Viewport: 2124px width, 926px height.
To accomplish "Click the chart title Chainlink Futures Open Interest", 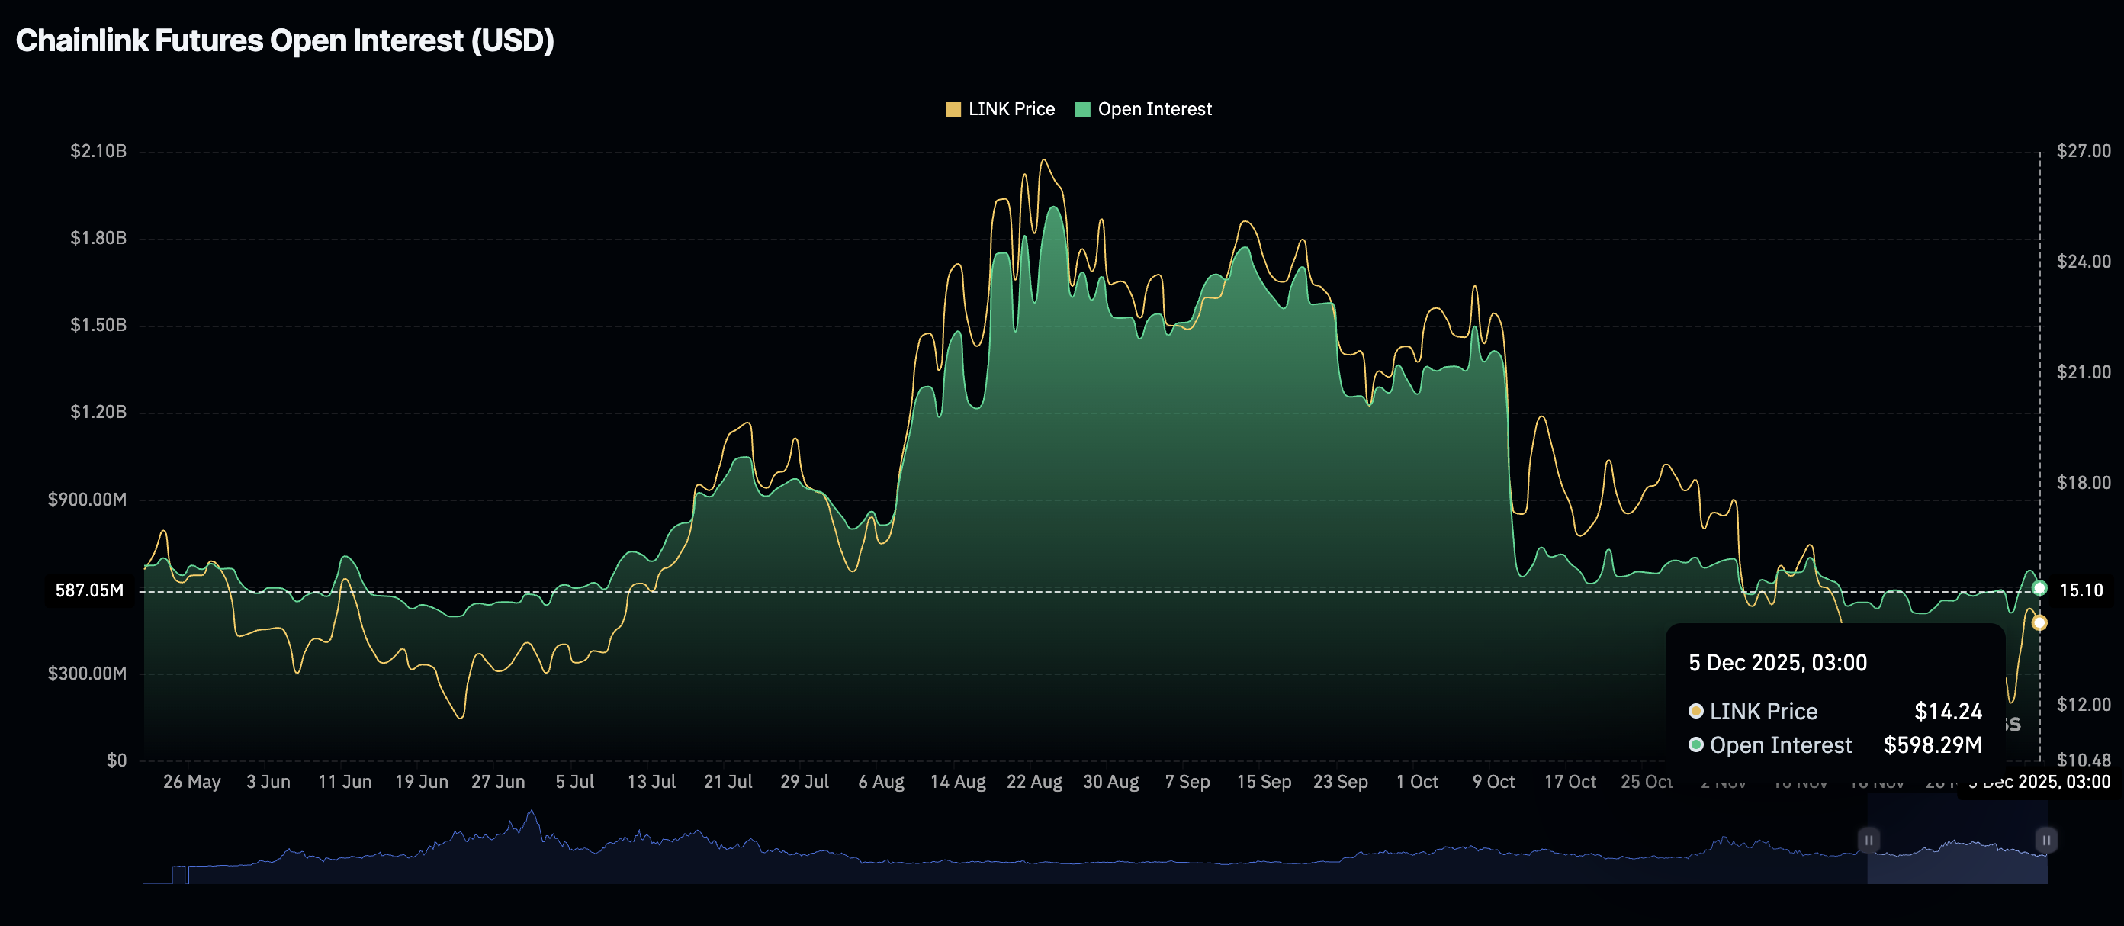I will coord(284,40).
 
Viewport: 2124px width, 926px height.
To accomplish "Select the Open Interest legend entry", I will coord(1144,110).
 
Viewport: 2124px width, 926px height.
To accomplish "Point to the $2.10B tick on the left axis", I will coord(98,151).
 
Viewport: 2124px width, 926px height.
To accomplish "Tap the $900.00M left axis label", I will coord(88,500).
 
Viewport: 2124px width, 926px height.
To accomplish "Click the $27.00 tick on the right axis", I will coord(2083,151).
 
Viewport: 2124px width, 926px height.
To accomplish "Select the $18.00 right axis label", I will coord(2083,482).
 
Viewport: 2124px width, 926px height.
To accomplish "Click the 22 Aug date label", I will coord(1034,782).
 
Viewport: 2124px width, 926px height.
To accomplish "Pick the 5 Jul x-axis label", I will coord(575,782).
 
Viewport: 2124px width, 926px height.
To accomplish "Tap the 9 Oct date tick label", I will coord(1493,782).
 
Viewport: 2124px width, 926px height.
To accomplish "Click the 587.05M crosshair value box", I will coord(89,590).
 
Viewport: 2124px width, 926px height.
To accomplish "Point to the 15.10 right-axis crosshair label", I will coord(2081,590).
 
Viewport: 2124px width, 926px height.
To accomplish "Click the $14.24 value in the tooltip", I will coord(1948,711).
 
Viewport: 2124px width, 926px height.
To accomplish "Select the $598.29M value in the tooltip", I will coord(1932,745).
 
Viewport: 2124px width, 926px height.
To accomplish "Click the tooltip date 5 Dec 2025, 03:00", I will coord(1777,663).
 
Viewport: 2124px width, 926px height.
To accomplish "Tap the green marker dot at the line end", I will coord(2039,588).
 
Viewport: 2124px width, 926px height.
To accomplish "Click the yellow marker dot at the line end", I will coord(2039,622).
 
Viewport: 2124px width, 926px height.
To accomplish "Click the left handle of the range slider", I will coord(1869,841).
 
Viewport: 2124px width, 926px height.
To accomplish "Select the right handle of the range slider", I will coord(2045,841).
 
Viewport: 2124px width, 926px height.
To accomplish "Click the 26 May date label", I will coord(191,782).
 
